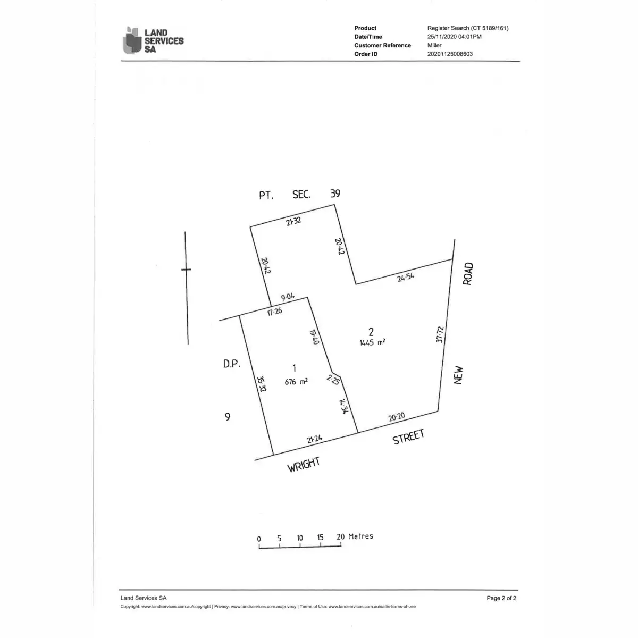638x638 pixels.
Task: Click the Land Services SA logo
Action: pyautogui.click(x=153, y=40)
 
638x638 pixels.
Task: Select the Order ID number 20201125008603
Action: pyautogui.click(x=450, y=54)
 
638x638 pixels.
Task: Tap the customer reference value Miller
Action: pyautogui.click(x=434, y=45)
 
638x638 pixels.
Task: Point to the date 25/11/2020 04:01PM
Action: pyautogui.click(x=454, y=37)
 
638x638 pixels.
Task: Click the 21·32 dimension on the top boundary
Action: pyautogui.click(x=293, y=221)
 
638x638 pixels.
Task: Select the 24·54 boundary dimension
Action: pyautogui.click(x=406, y=277)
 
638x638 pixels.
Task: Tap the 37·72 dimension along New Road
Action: pyautogui.click(x=440, y=334)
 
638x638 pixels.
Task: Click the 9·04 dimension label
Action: pyautogui.click(x=288, y=297)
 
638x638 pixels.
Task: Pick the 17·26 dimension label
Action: pyautogui.click(x=274, y=311)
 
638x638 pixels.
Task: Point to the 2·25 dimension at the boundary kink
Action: pyautogui.click(x=333, y=380)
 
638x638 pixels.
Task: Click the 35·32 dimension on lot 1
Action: pyautogui.click(x=262, y=384)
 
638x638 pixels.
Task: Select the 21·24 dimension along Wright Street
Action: pyautogui.click(x=314, y=439)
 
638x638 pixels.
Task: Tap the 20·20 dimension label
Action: pyautogui.click(x=396, y=417)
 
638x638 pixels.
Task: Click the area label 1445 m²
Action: pyautogui.click(x=373, y=342)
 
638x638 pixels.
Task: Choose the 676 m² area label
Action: pyautogui.click(x=296, y=382)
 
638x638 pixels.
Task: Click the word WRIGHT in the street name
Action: pyautogui.click(x=304, y=465)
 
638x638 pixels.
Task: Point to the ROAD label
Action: pyautogui.click(x=468, y=274)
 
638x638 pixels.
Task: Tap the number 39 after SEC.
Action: pyautogui.click(x=335, y=194)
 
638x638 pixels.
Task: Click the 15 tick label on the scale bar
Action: pyautogui.click(x=320, y=538)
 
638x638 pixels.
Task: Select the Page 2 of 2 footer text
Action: pyautogui.click(x=501, y=598)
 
